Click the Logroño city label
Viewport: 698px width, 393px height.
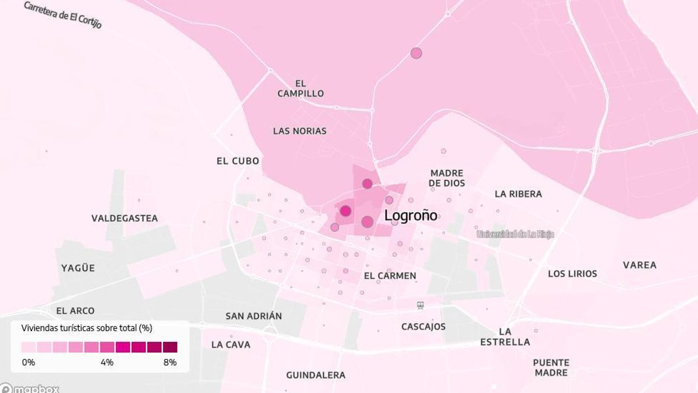[411, 215]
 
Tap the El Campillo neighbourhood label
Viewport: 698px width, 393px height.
[300, 88]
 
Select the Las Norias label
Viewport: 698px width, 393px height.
[300, 131]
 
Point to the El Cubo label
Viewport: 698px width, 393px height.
[238, 161]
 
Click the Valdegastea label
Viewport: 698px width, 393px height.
[124, 218]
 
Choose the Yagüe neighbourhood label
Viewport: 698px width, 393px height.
[78, 268]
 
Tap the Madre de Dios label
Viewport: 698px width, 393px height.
[447, 178]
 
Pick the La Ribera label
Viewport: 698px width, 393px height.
[518, 194]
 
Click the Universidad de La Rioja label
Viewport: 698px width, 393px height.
[515, 234]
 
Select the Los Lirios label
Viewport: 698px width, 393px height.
[572, 274]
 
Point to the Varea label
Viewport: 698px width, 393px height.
[640, 265]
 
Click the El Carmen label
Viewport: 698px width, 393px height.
[390, 275]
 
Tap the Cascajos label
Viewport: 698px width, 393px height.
[423, 327]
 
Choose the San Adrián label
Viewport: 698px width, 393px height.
[254, 316]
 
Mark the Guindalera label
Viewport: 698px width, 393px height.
[315, 375]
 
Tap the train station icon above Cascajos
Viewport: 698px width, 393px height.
[420, 305]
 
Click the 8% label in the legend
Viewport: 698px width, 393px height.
[170, 362]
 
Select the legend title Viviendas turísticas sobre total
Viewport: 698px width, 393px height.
[87, 328]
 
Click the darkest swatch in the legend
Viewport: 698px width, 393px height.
[170, 348]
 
